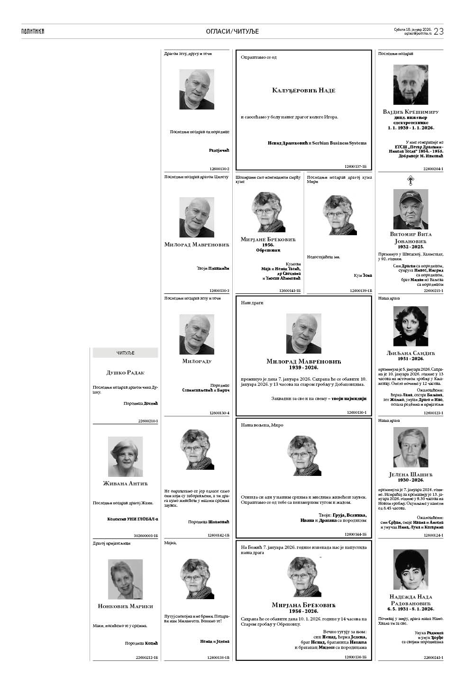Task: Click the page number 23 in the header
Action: (438, 31)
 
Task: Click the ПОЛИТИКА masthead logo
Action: (33, 31)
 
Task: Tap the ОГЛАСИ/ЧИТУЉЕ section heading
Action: (232, 31)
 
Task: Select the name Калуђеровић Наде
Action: (303, 90)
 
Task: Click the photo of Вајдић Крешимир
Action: (410, 85)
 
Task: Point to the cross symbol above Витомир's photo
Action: (410, 180)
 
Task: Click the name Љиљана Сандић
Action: (410, 353)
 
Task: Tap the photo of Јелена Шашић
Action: (410, 447)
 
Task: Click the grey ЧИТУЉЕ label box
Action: (125, 353)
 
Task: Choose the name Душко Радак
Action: (125, 373)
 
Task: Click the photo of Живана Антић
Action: (125, 456)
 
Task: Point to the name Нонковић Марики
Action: (125, 606)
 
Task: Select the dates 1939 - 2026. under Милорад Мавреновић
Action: (303, 367)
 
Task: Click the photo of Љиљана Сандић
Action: (410, 326)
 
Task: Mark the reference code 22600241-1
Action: (433, 657)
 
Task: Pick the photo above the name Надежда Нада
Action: (410, 569)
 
